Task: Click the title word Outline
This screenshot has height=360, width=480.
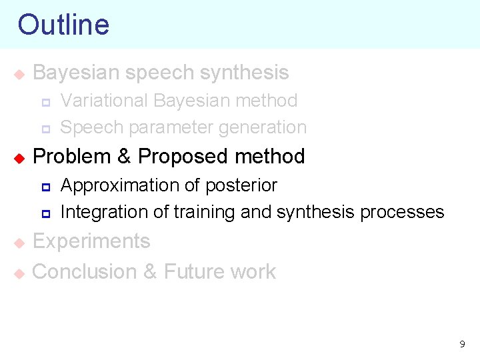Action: click(63, 25)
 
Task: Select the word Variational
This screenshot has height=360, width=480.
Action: click(104, 101)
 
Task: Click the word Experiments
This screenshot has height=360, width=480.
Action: click(91, 241)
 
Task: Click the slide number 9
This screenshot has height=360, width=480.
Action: click(462, 345)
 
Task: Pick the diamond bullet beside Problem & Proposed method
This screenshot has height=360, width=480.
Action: click(19, 158)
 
